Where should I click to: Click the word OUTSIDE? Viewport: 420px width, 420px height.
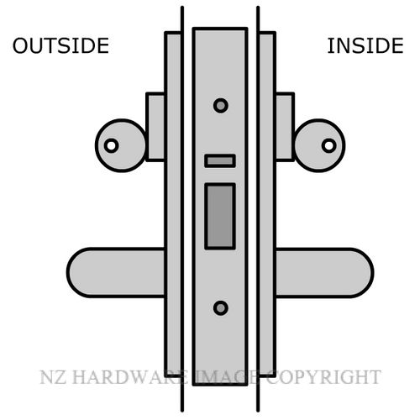pyautogui.click(x=60, y=45)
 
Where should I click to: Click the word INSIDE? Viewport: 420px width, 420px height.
pyautogui.click(x=365, y=45)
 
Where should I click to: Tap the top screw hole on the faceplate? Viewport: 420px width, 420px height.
pyautogui.click(x=221, y=106)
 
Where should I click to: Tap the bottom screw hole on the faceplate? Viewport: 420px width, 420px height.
pyautogui.click(x=221, y=308)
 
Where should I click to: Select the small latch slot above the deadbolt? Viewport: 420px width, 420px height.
pyautogui.click(x=220, y=161)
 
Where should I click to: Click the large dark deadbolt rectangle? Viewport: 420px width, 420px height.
pyautogui.click(x=220, y=217)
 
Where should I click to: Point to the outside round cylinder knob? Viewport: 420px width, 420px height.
pyautogui.click(x=120, y=145)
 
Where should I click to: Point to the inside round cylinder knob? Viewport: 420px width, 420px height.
pyautogui.click(x=319, y=145)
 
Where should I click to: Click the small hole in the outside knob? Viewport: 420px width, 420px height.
pyautogui.click(x=111, y=145)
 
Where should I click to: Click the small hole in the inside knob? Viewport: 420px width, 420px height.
pyautogui.click(x=329, y=145)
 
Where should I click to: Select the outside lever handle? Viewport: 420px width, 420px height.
pyautogui.click(x=115, y=272)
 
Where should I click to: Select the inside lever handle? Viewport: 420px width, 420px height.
pyautogui.click(x=324, y=272)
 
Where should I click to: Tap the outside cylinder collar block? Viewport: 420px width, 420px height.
pyautogui.click(x=155, y=127)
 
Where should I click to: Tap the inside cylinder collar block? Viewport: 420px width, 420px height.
pyautogui.click(x=285, y=127)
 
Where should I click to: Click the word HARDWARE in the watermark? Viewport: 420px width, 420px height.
pyautogui.click(x=130, y=377)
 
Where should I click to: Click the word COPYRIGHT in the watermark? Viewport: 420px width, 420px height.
pyautogui.click(x=323, y=377)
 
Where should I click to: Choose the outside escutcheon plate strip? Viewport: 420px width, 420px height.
pyautogui.click(x=173, y=205)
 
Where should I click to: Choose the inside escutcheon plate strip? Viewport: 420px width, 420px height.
pyautogui.click(x=267, y=205)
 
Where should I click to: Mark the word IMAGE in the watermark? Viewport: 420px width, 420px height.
pyautogui.click(x=226, y=377)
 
